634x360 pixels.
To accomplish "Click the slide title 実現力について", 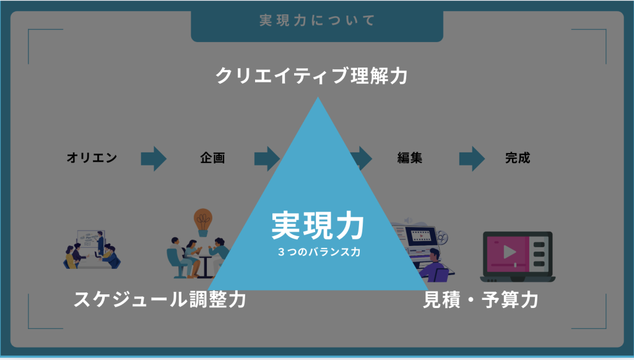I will coord(317,20).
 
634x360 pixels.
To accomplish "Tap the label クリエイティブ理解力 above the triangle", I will coord(311,76).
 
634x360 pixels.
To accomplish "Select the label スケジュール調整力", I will coord(160,300).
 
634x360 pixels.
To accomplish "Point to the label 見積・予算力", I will coord(480,300).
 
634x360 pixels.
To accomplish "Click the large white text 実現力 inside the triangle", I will coord(318,226).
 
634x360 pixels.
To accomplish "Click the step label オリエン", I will coord(92,158).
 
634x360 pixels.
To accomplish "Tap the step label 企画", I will coord(212,158).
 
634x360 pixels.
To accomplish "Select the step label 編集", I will coord(410,158).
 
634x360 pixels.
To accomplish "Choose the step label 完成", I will coord(518,158).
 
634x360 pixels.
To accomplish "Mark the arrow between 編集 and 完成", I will coord(472,158).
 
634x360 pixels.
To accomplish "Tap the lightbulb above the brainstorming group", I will coord(202,219).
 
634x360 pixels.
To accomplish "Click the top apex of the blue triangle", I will coord(318,99).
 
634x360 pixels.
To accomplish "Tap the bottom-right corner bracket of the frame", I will coord(598,322).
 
